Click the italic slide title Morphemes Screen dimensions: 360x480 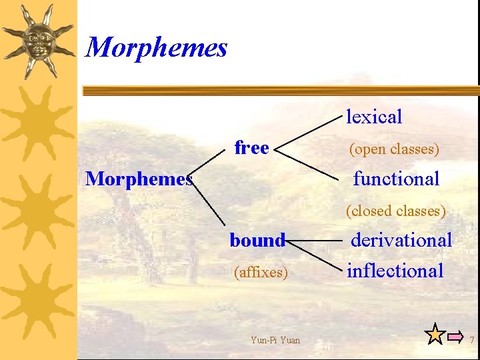click(x=157, y=47)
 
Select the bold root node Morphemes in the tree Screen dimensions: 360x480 click(x=139, y=179)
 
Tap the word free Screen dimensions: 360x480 click(x=251, y=147)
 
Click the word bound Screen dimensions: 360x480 click(x=257, y=240)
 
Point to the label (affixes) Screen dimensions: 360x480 click(x=261, y=272)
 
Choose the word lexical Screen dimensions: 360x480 click(x=374, y=117)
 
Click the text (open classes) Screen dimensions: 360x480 click(x=394, y=149)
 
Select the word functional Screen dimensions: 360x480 click(x=396, y=179)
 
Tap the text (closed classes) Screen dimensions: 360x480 click(x=395, y=211)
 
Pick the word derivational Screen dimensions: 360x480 click(x=401, y=240)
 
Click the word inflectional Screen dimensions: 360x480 click(x=395, y=271)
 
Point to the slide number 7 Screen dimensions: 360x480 click(x=471, y=341)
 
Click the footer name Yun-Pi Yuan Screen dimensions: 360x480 click(x=275, y=341)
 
